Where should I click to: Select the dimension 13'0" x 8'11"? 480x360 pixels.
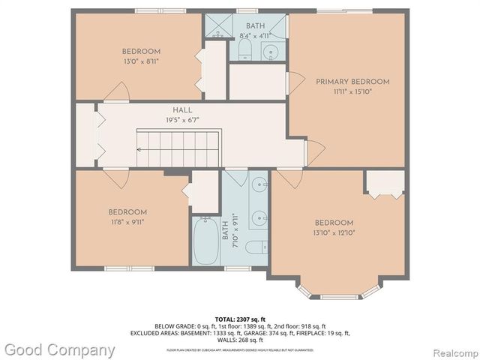pyautogui.click(x=140, y=61)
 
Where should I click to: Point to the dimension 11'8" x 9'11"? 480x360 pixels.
pyautogui.click(x=127, y=222)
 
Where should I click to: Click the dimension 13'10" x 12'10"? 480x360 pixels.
pyautogui.click(x=334, y=232)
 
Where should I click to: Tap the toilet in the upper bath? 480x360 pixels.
pyautogui.click(x=244, y=49)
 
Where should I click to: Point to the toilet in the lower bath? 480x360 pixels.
pyautogui.click(x=254, y=247)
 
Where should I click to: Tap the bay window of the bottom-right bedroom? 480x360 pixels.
pyautogui.click(x=334, y=293)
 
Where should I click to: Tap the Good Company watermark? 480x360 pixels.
pyautogui.click(x=58, y=349)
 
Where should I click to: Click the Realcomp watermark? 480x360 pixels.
pyautogui.click(x=450, y=350)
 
